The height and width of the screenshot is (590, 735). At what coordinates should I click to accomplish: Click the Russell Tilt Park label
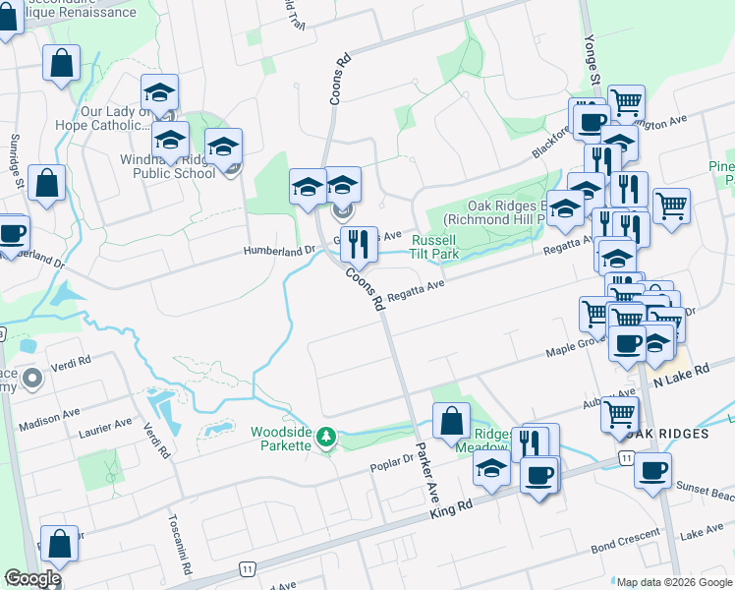(x=435, y=247)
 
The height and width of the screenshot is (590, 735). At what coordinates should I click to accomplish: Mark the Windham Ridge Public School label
(x=167, y=166)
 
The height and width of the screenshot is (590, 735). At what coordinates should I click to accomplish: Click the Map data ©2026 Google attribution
(x=673, y=581)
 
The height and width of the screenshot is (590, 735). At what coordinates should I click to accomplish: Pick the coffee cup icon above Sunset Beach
(x=652, y=470)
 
